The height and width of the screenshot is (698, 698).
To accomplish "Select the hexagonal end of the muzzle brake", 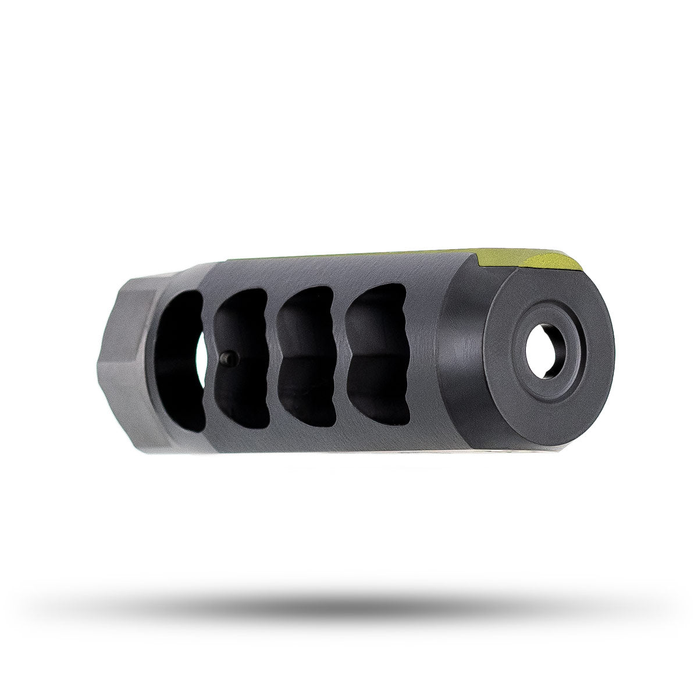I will pos(125,361).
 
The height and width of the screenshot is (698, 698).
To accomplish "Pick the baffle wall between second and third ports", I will pos(273,361).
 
